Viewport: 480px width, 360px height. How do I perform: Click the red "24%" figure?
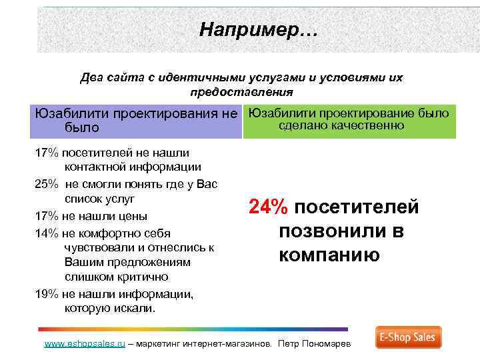(269, 208)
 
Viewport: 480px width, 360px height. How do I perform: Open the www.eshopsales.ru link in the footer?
(85, 345)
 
